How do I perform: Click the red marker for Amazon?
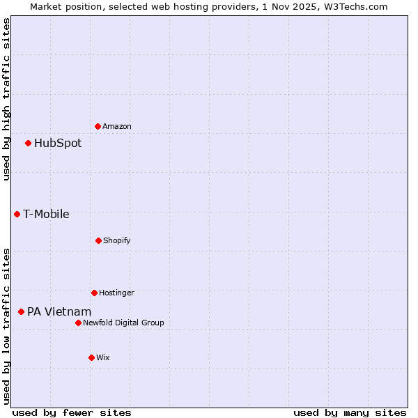point(98,126)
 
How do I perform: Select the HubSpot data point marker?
point(28,143)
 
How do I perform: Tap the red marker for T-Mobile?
point(17,214)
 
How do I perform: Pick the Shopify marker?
point(98,240)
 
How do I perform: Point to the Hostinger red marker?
point(94,293)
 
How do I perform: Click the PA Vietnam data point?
point(21,311)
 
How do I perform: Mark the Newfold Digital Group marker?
point(78,323)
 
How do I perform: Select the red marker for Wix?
point(91,357)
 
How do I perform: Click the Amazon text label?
point(117,126)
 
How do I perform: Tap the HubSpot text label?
point(58,144)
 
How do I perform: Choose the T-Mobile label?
point(46,215)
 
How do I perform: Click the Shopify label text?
point(117,240)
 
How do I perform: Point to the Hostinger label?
point(116,293)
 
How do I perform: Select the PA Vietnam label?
point(59,312)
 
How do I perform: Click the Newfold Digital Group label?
point(123,323)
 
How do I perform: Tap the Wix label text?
point(103,357)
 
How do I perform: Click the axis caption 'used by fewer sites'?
point(72,412)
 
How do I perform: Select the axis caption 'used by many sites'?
point(350,412)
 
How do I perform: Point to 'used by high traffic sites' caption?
point(6,99)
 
